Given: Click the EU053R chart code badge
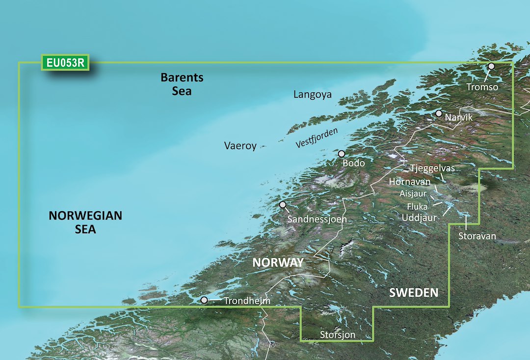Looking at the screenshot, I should (65, 63).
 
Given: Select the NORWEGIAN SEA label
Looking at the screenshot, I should (85, 222).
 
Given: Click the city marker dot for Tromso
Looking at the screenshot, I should (491, 66).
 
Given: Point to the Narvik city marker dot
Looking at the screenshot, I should (439, 113).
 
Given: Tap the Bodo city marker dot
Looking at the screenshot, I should (342, 154).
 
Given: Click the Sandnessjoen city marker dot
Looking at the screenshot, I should (283, 205).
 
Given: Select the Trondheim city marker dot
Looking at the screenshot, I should (204, 299).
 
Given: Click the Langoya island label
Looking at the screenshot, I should (312, 94).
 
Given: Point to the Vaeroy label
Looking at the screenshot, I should (240, 146).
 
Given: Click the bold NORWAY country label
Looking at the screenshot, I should (278, 262).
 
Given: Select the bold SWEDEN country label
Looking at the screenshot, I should (414, 293).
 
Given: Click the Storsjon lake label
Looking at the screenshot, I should (338, 335).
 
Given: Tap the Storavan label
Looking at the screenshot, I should (477, 236).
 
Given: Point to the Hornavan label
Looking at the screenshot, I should (409, 182).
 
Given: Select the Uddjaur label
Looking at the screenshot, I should (419, 217).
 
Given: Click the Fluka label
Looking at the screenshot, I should (417, 207).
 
